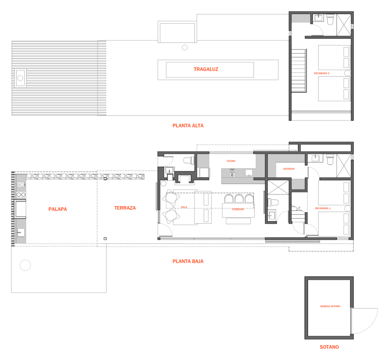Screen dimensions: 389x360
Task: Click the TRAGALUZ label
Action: point(206,69)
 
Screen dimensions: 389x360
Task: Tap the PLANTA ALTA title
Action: point(188,126)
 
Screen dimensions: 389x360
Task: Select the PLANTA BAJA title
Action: point(188,261)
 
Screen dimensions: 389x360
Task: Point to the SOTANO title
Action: point(329,347)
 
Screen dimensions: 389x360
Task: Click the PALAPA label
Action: point(58,209)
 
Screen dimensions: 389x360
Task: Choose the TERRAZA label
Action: point(125,208)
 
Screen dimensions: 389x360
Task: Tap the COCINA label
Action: point(231,161)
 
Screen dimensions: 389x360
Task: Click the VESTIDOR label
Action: point(289,169)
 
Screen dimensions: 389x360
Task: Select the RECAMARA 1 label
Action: point(323,208)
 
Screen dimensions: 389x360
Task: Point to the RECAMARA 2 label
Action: point(322,73)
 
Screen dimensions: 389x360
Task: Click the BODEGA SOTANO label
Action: point(330,306)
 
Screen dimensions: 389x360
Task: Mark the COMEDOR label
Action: point(238,210)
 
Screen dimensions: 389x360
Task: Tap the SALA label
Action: point(184,207)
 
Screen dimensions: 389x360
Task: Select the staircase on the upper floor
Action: point(298,71)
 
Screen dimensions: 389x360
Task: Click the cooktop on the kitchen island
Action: point(232,173)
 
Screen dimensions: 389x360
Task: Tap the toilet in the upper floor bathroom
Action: point(330,20)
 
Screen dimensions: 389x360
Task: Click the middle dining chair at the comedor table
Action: point(239,199)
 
